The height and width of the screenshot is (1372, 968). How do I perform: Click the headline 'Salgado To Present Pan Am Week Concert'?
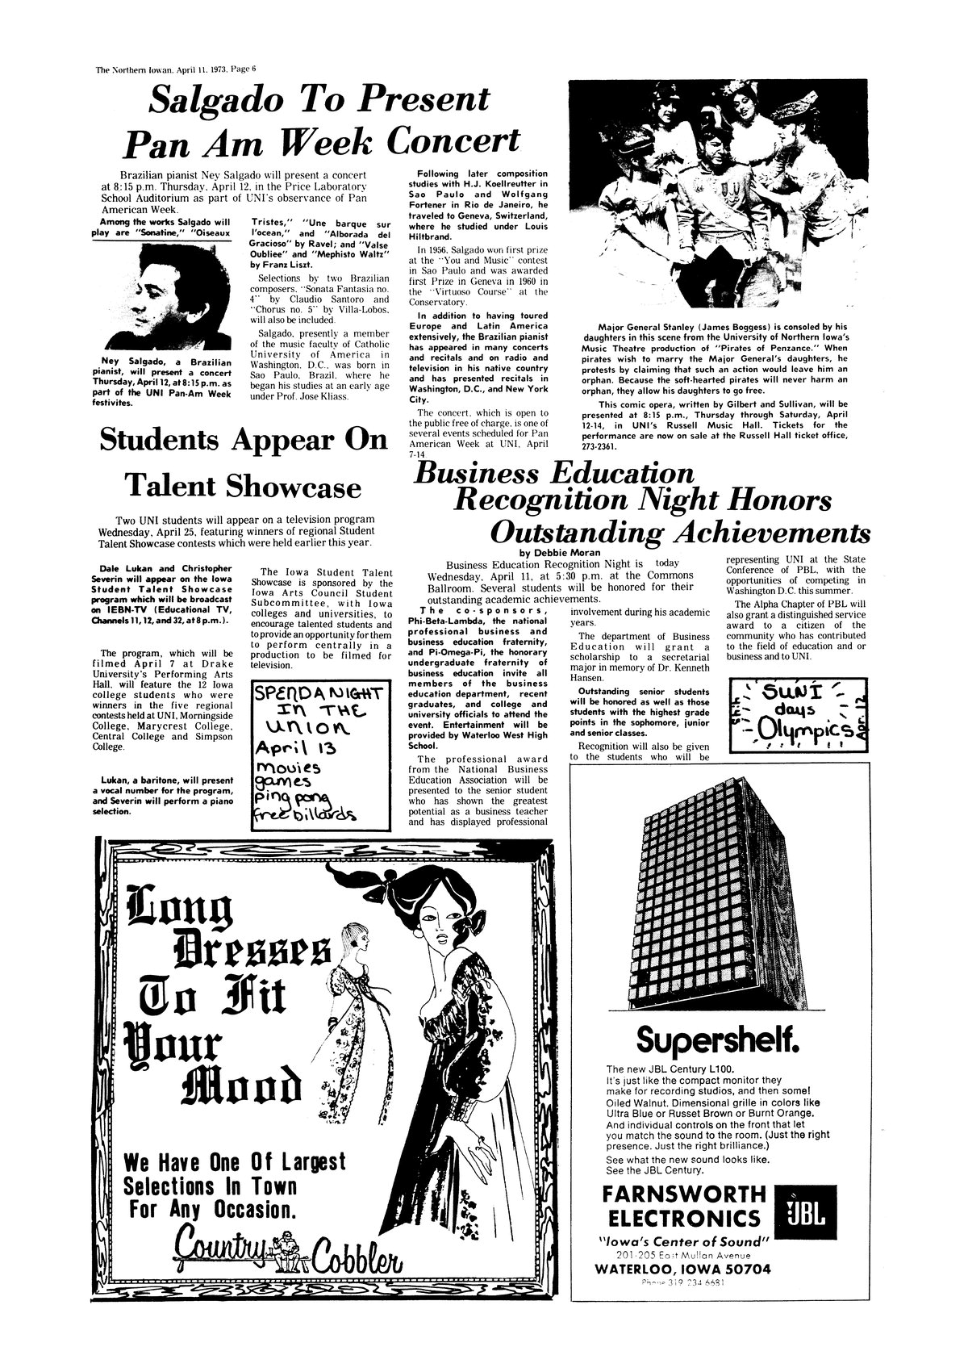point(321,121)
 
